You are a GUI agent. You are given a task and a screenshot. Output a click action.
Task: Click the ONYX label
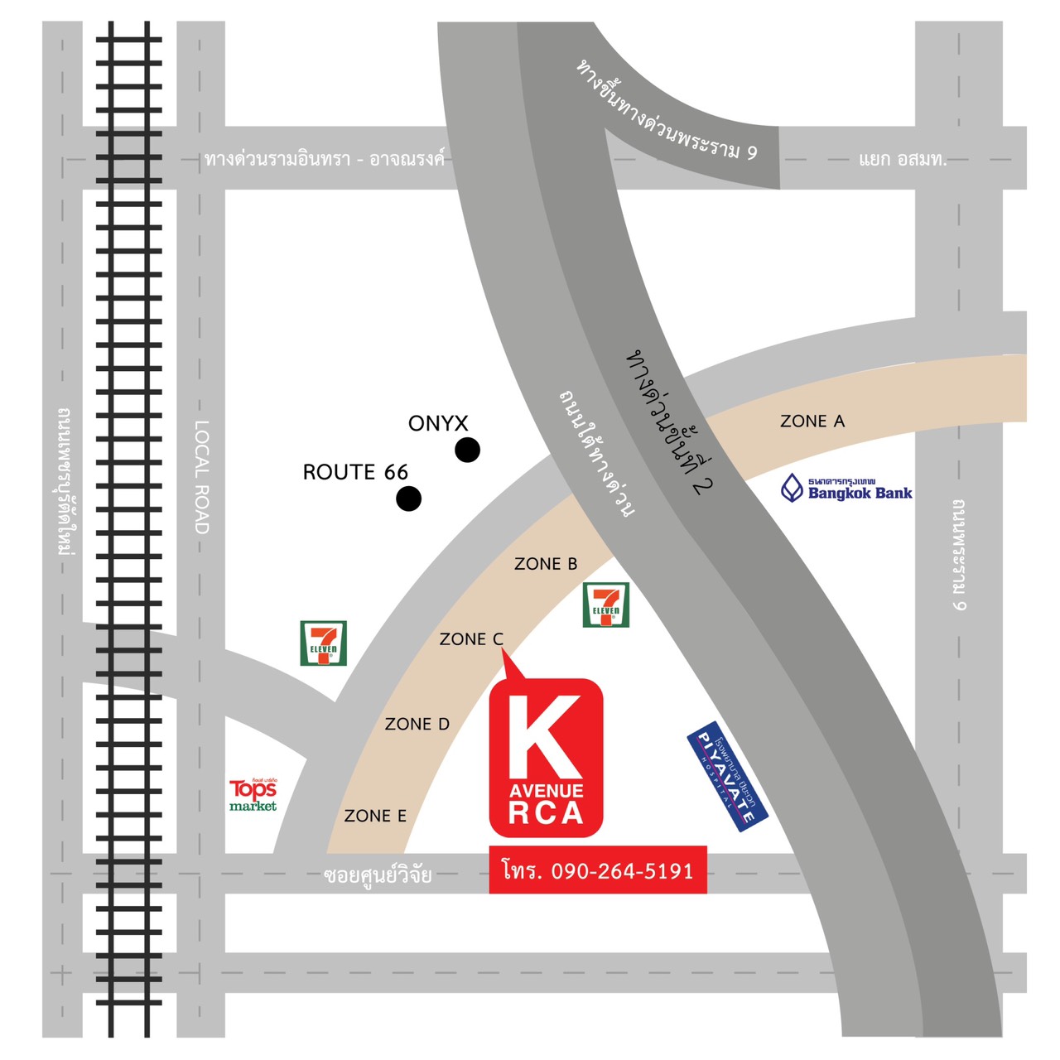tap(438, 423)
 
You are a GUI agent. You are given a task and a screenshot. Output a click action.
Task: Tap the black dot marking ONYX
tap(467, 450)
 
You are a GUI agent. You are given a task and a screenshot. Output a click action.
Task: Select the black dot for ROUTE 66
tap(408, 499)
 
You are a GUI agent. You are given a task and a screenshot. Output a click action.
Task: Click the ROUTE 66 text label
tap(355, 472)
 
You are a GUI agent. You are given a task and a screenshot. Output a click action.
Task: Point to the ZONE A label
tap(812, 422)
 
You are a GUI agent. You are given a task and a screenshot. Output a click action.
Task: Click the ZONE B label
tap(546, 564)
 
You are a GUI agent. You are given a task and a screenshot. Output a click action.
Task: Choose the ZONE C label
tap(471, 639)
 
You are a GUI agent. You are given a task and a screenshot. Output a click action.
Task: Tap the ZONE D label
tap(417, 725)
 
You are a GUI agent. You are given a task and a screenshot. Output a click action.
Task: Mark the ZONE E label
tap(375, 816)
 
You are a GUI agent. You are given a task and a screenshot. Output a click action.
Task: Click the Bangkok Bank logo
tap(846, 489)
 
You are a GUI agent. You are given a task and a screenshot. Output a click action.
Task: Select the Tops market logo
tap(253, 795)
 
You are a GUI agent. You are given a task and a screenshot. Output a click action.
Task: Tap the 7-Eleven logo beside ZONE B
tap(606, 605)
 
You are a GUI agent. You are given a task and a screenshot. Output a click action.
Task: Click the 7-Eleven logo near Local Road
tap(323, 643)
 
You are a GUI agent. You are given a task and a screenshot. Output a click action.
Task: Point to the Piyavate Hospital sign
tap(728, 777)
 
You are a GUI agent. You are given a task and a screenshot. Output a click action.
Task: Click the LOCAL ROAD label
tap(201, 477)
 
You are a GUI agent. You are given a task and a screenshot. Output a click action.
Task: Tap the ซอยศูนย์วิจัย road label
tap(378, 874)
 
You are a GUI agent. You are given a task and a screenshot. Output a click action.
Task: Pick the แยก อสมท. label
tap(903, 159)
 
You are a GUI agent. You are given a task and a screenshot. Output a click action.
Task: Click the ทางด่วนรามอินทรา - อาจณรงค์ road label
tap(325, 158)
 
